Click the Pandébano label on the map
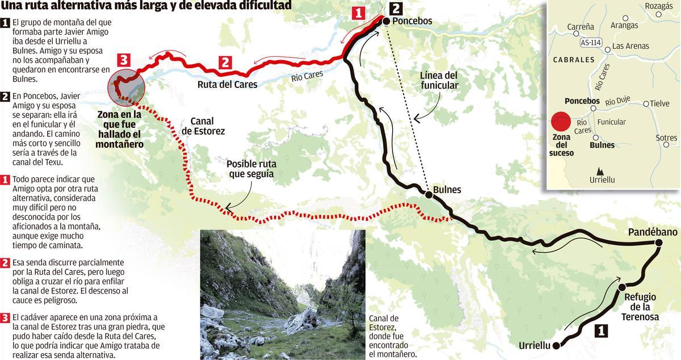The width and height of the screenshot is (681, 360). (653, 232)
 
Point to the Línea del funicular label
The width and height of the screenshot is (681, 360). (439, 80)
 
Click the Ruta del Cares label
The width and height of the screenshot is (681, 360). (227, 85)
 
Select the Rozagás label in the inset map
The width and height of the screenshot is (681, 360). (659, 6)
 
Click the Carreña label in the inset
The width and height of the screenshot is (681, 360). (580, 26)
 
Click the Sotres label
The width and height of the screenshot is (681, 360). (666, 138)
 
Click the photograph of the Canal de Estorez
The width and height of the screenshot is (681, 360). (283, 294)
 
